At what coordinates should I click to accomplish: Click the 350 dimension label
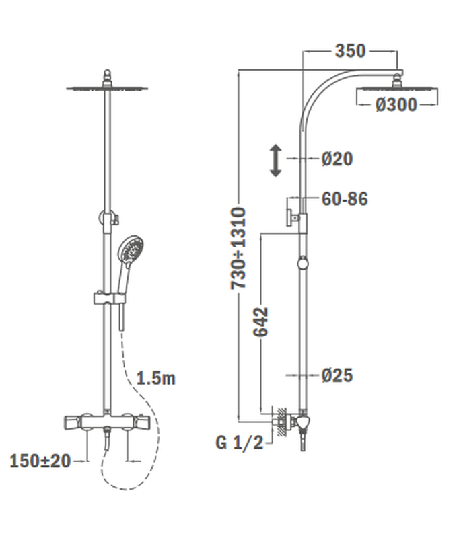(350, 51)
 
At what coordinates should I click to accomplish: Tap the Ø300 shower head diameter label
(396, 104)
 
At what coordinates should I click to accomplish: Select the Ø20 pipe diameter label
(337, 159)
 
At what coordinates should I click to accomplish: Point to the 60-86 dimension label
(345, 199)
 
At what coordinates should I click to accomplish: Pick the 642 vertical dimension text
(261, 321)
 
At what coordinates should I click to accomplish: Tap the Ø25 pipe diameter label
(337, 375)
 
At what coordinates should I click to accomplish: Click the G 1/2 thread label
(239, 443)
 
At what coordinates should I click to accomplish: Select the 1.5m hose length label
(156, 378)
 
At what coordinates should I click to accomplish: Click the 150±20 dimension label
(40, 461)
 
